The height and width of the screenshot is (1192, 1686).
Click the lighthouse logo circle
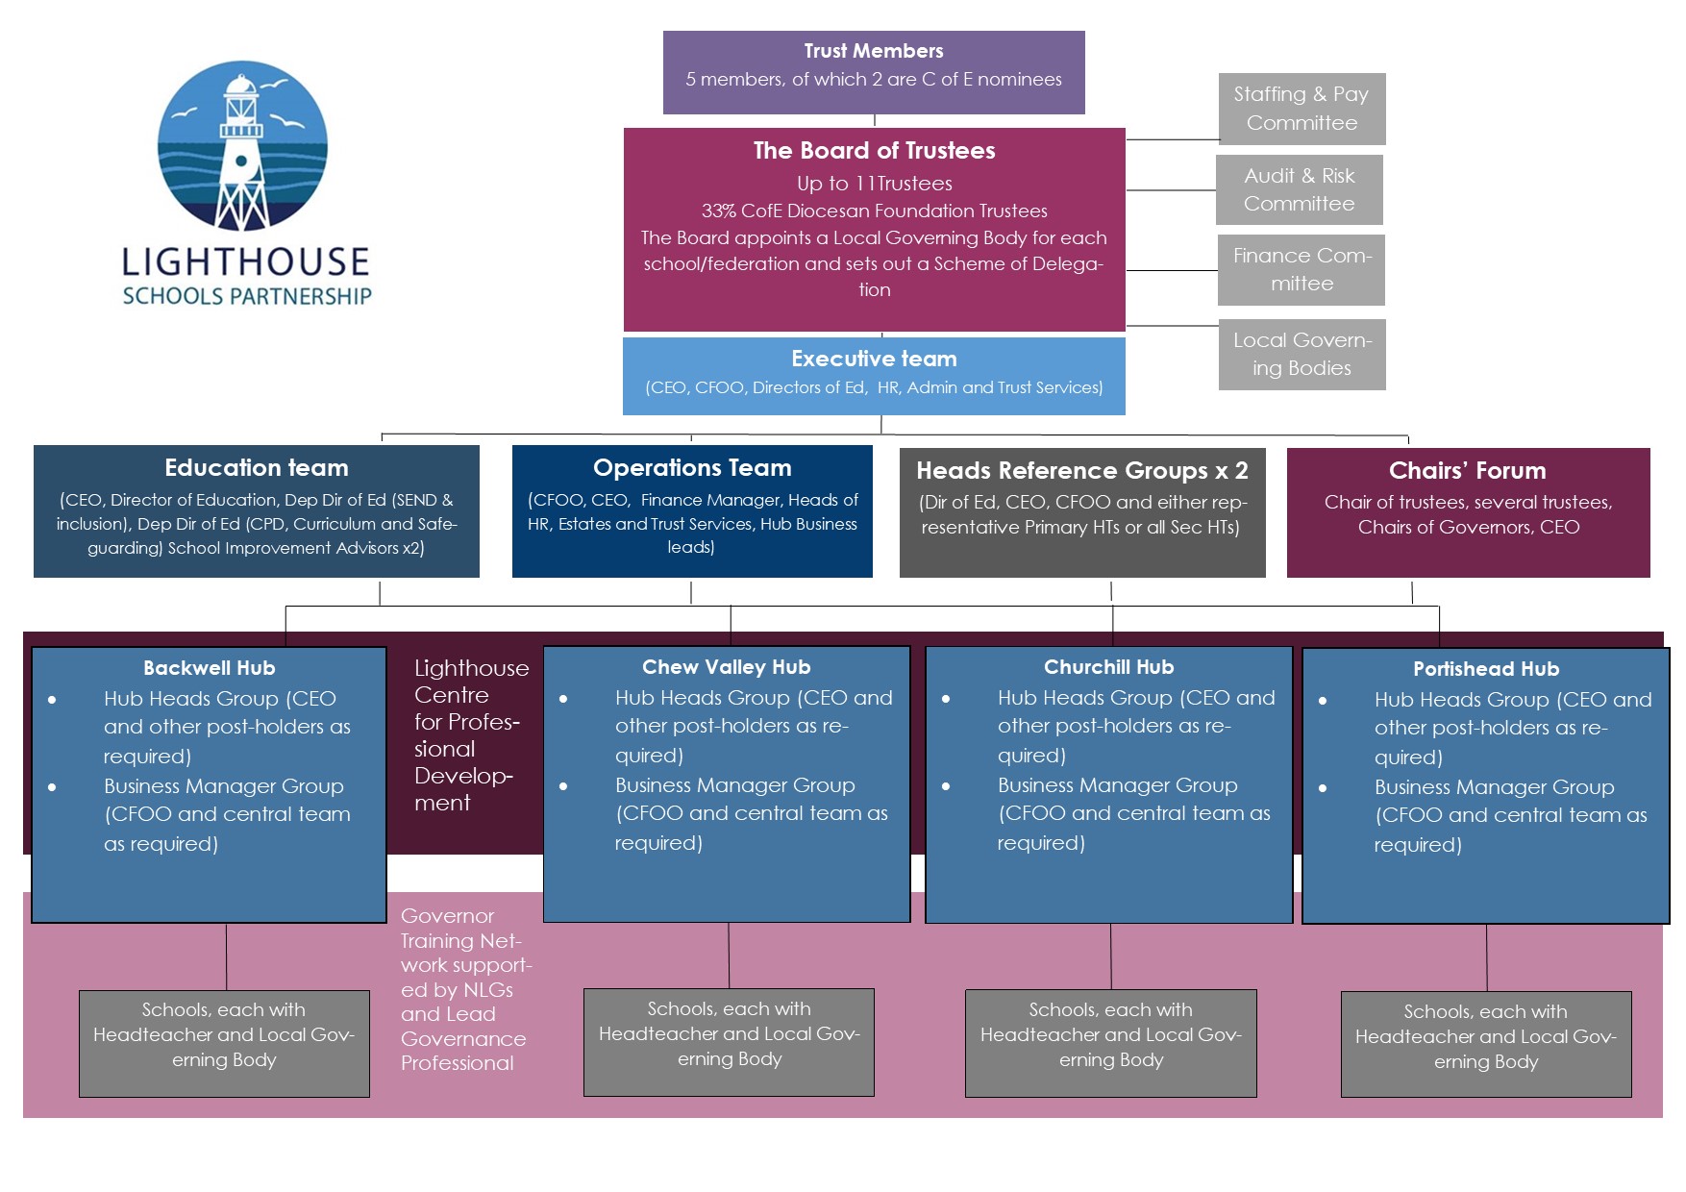243,146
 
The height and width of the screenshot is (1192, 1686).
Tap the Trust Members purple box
874,72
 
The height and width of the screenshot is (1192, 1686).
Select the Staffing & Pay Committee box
1302,109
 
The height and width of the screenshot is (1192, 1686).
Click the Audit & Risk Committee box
1300,189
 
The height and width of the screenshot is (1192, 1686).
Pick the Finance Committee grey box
1302,270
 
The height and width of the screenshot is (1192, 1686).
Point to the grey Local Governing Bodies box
1302,355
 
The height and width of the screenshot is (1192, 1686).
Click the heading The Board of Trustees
874,151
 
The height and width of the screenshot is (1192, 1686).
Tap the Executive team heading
874,359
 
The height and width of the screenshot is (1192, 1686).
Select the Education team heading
257,468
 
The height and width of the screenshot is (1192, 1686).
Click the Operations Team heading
692,468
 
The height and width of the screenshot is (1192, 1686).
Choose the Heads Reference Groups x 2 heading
1082,471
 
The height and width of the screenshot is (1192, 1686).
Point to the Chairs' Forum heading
1468,471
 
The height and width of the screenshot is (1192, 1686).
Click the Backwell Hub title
210,668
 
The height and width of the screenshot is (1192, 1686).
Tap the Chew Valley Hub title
727,667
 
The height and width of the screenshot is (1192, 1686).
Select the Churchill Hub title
1109,667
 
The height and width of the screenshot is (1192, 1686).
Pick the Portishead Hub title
1486,669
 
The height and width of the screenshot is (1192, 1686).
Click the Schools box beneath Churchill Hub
1111,1043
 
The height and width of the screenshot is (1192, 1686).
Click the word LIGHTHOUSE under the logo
246,262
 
